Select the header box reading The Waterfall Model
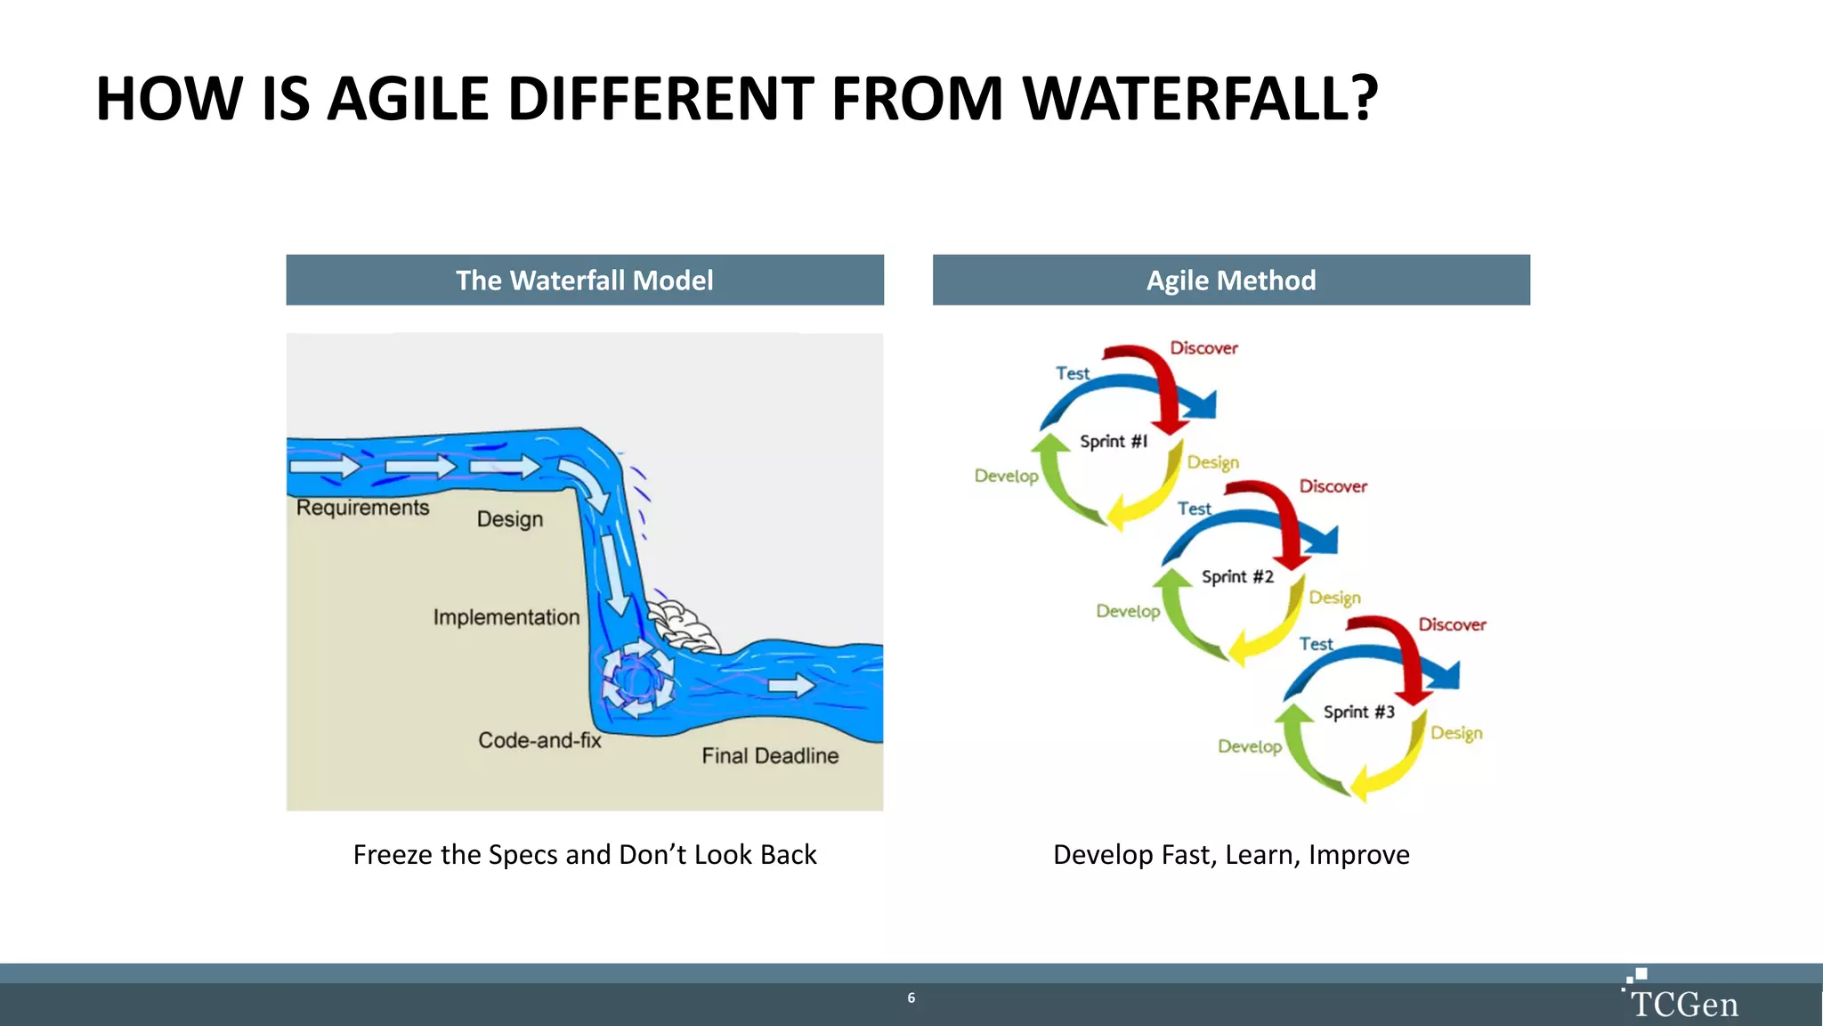(585, 281)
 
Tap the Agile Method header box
(1231, 281)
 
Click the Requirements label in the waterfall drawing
(362, 508)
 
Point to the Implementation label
(506, 617)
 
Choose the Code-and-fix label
(539, 740)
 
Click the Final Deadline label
(770, 756)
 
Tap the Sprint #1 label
(1114, 442)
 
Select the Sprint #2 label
(1237, 577)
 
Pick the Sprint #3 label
(1358, 712)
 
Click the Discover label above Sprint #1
(1203, 348)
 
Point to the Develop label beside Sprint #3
(1250, 746)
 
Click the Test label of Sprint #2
(1194, 509)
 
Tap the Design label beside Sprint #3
(1456, 733)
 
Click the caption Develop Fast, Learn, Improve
(1231, 855)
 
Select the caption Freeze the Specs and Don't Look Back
(585, 855)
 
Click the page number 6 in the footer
(911, 997)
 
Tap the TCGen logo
(1681, 997)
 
